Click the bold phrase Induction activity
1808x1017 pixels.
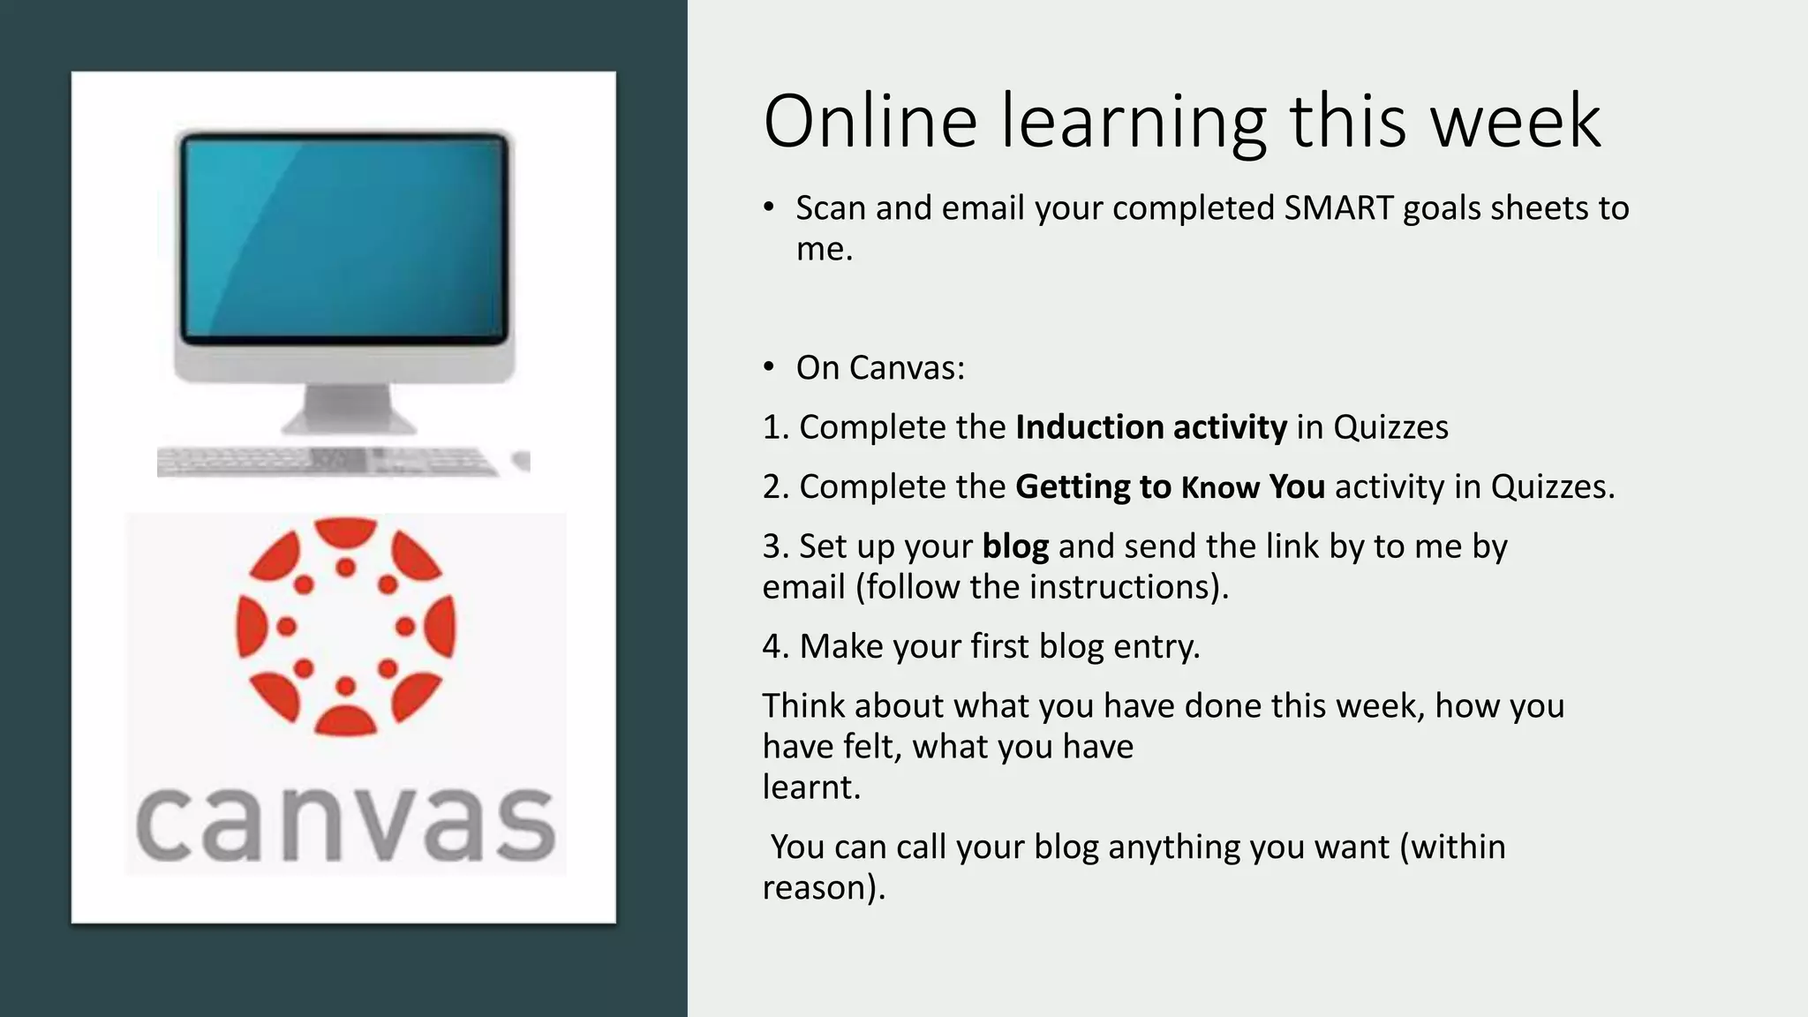tap(1151, 427)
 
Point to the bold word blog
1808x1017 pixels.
tap(1015, 546)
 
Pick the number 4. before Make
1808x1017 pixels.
tap(775, 647)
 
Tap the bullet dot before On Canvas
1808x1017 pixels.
tap(769, 367)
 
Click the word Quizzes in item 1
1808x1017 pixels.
tap(1390, 427)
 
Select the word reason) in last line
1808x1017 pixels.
tap(823, 888)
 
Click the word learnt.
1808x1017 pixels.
tap(810, 787)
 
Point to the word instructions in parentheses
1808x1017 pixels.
tap(1121, 587)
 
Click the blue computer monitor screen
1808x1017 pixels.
tap(344, 237)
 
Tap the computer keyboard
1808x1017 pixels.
tap(327, 461)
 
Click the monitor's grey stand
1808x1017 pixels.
tap(347, 408)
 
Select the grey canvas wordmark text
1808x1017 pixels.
tap(345, 823)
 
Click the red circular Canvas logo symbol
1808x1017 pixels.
tap(345, 626)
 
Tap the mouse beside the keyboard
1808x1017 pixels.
tap(522, 460)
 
